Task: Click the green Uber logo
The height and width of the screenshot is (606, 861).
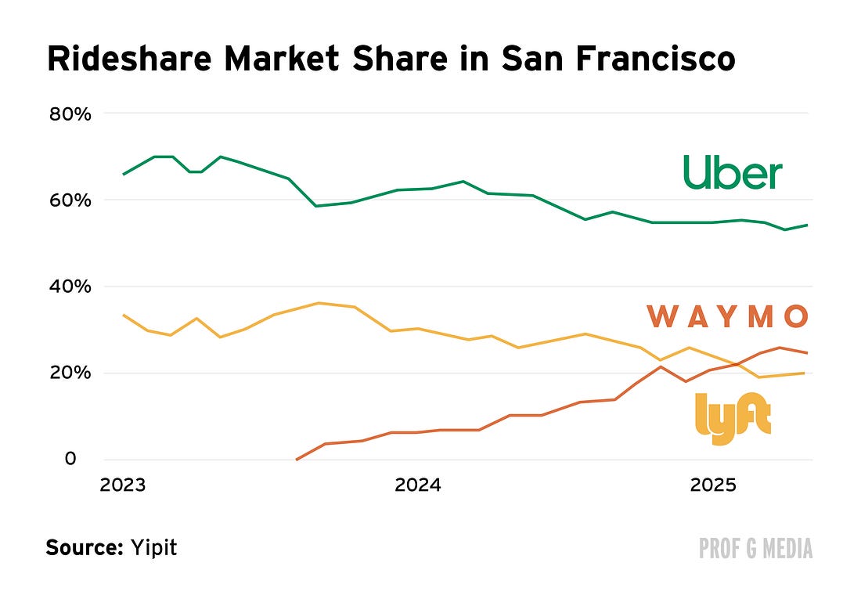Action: [x=733, y=172]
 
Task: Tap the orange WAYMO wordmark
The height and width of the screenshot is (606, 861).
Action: [x=728, y=316]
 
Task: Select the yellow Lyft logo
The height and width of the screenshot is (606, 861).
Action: [x=733, y=418]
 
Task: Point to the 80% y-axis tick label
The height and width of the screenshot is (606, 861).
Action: [x=70, y=114]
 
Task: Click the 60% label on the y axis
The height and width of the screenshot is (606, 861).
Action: [x=70, y=200]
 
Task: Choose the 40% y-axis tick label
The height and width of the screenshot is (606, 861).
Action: [x=70, y=287]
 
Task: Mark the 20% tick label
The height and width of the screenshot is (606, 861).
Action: [x=70, y=373]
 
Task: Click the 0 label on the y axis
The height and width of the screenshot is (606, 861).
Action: [x=70, y=458]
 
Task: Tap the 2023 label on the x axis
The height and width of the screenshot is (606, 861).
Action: [x=122, y=485]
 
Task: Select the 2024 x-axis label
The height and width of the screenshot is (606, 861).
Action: [x=418, y=485]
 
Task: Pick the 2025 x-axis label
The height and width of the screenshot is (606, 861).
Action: [x=713, y=485]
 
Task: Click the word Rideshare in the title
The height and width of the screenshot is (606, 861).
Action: [x=130, y=58]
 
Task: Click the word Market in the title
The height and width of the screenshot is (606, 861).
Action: [x=283, y=58]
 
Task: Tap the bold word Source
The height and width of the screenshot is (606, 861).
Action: [x=85, y=547]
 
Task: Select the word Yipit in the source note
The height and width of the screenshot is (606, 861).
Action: [x=153, y=548]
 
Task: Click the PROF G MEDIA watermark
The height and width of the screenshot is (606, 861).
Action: [x=755, y=548]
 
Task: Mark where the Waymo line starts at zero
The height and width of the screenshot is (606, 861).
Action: [x=297, y=460]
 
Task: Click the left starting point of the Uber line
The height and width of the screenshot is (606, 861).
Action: [x=124, y=174]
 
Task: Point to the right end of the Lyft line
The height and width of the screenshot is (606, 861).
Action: [x=805, y=373]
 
